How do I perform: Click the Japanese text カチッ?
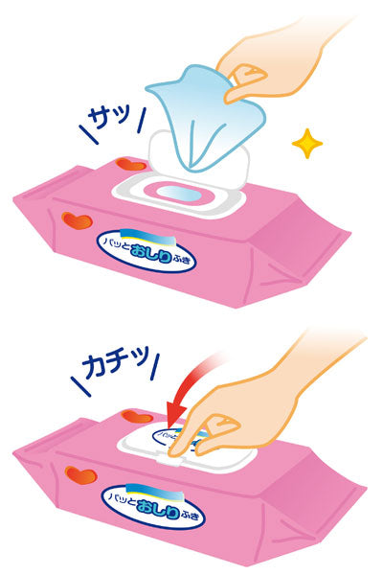[x=113, y=365]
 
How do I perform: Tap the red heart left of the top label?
[x=77, y=220]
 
